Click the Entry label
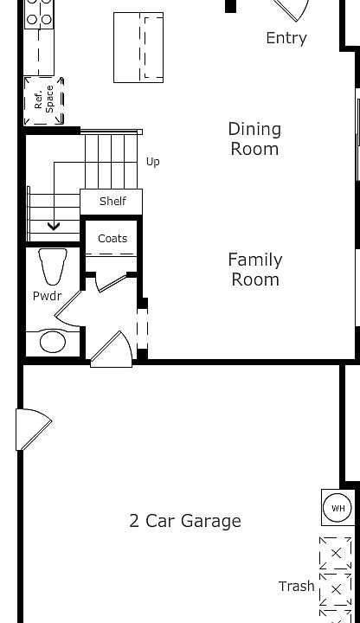(x=286, y=38)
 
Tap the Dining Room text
(x=254, y=138)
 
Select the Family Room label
(x=254, y=269)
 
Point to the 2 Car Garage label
(x=185, y=521)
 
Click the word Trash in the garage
(x=296, y=586)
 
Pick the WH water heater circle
(x=336, y=508)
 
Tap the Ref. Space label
(x=44, y=98)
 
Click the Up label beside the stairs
(x=153, y=162)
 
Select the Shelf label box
(x=112, y=201)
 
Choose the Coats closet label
(x=112, y=238)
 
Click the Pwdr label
(x=47, y=296)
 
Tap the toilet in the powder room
(x=54, y=266)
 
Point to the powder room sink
(x=53, y=342)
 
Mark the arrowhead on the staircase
(x=54, y=227)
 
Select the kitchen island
(x=138, y=48)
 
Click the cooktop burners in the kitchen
(x=39, y=13)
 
